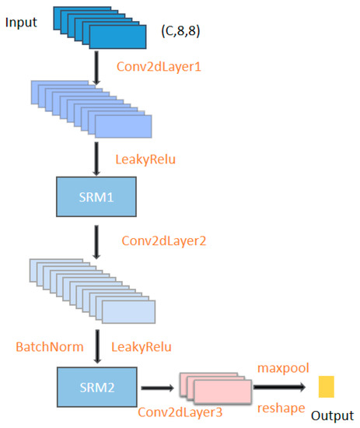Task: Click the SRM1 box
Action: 96,196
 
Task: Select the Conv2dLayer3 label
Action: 173,412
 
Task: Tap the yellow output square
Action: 326,386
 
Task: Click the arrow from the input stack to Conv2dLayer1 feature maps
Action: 96,65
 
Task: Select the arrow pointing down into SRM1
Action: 96,158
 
